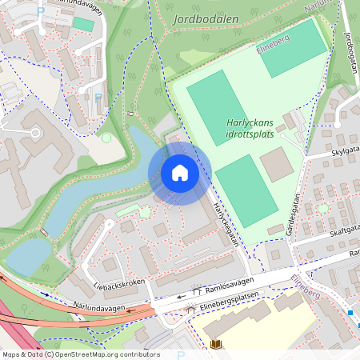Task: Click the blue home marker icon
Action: tap(180, 173)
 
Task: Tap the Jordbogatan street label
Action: tap(349, 53)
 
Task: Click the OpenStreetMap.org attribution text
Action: tap(106, 354)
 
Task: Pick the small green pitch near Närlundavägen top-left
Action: tap(82, 24)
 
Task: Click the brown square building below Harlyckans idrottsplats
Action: tap(277, 164)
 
